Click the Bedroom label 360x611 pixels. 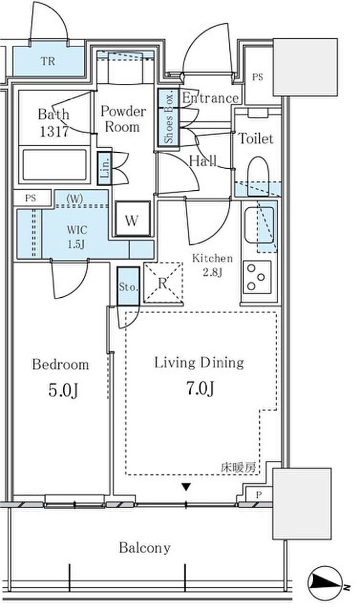point(60,365)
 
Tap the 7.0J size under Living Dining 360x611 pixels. point(200,388)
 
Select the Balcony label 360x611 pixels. point(145,548)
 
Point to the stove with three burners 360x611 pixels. point(257,277)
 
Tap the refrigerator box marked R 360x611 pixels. point(163,282)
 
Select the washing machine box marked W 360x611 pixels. point(133,219)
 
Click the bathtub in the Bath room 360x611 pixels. point(55,165)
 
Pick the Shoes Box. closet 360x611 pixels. point(168,118)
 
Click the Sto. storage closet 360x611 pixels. point(128,286)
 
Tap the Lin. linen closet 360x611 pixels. point(104,168)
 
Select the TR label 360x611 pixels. point(48,61)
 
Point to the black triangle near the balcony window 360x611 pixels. point(187,487)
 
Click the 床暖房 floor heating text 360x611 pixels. point(239,467)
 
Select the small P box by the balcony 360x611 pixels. point(258,495)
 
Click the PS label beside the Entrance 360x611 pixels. point(258,77)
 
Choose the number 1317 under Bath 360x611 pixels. point(55,131)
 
